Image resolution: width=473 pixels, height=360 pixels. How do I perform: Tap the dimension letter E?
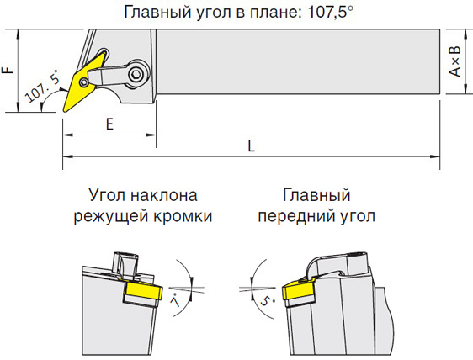(109, 124)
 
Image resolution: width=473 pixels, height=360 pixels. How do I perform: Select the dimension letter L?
(252, 146)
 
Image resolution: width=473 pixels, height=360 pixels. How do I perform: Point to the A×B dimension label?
(455, 61)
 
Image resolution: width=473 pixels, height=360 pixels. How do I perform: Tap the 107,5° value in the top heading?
(330, 12)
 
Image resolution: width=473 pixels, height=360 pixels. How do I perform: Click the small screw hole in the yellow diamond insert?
(84, 82)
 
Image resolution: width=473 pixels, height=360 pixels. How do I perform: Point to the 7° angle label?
(175, 300)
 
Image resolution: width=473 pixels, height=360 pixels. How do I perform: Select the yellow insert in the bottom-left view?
(144, 291)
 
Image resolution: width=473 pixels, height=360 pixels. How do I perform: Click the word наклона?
(164, 195)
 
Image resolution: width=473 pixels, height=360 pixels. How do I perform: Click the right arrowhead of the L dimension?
(434, 156)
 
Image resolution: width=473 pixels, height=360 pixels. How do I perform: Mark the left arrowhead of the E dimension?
(68, 135)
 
